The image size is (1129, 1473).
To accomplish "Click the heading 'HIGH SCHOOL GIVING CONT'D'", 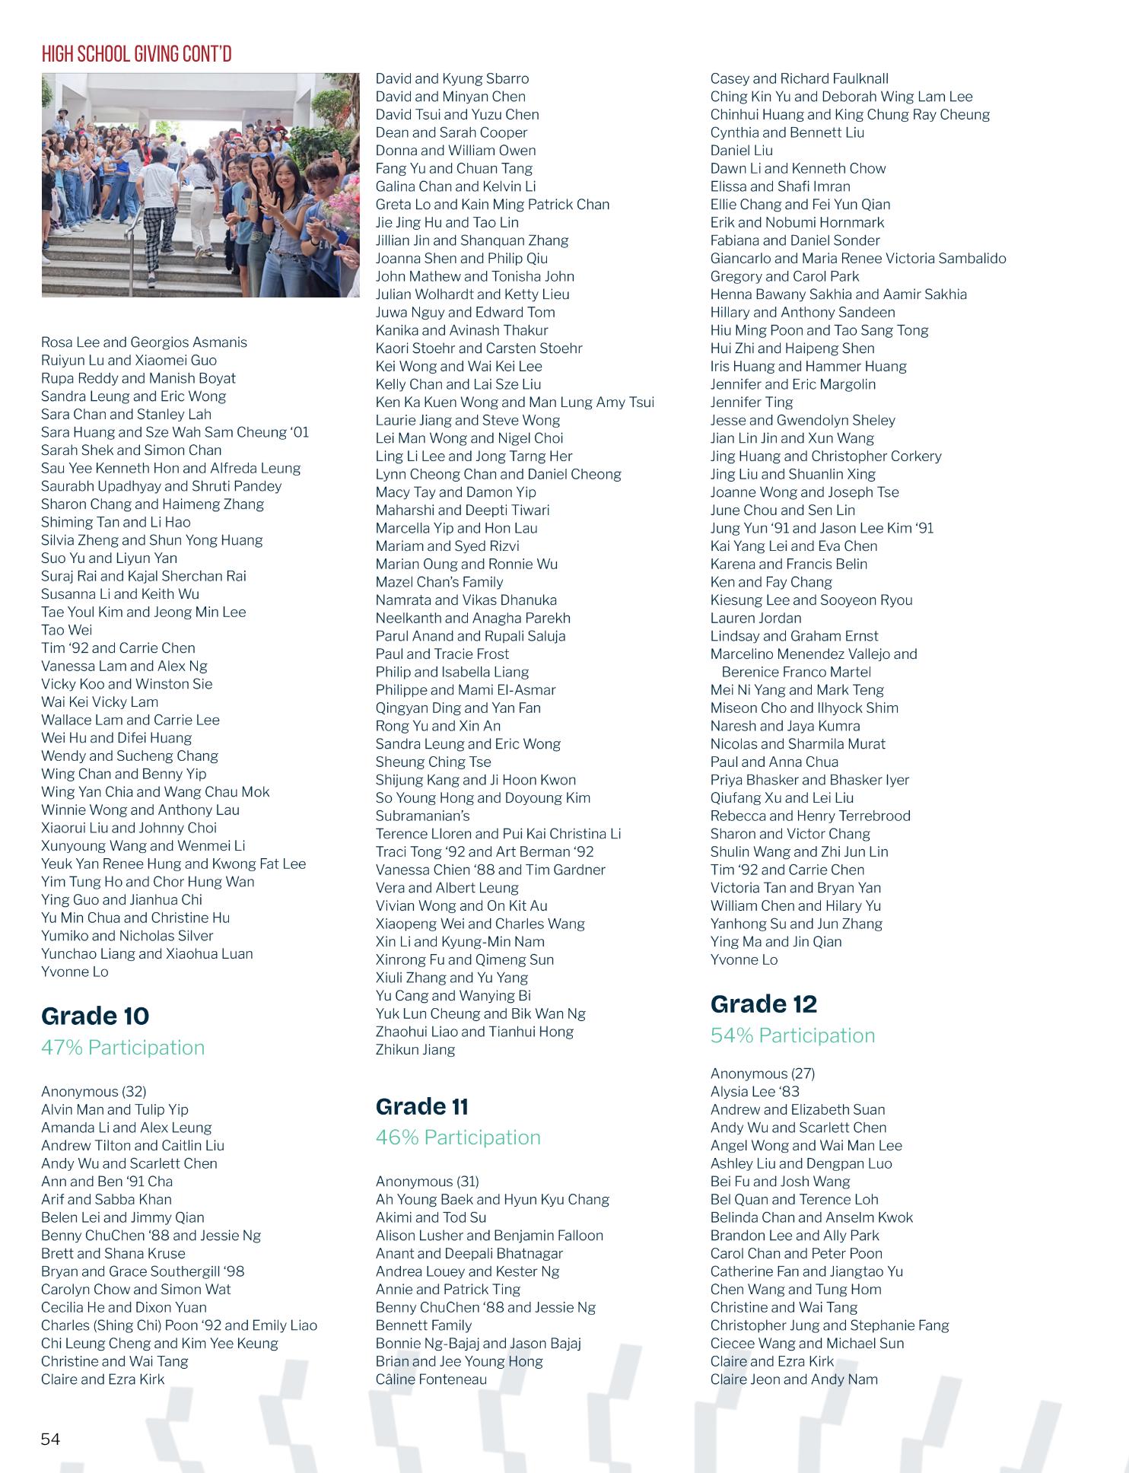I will tap(136, 54).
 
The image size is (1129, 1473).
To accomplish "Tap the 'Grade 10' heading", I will tap(95, 1016).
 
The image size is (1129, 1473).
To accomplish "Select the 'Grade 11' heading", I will tap(421, 1106).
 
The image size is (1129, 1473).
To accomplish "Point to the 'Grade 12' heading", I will tap(763, 1004).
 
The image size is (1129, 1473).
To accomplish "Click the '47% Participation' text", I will tap(122, 1048).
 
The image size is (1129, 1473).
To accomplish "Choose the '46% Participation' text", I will tap(458, 1137).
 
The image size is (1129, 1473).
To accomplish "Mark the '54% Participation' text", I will tap(792, 1036).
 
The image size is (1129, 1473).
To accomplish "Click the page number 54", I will tap(50, 1439).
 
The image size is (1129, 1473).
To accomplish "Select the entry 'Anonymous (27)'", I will tap(762, 1074).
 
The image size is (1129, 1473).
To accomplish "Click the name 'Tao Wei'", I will tap(66, 630).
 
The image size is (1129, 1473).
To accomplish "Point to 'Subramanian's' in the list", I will tap(422, 816).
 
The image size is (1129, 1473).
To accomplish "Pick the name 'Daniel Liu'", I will tap(741, 151).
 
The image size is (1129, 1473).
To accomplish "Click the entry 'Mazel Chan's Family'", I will tap(439, 582).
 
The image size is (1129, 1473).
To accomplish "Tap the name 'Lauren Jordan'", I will tap(755, 618).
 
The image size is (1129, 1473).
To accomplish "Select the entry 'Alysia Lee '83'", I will tap(755, 1092).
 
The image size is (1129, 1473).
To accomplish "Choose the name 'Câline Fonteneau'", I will tap(431, 1379).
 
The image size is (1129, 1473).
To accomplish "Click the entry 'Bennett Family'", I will tap(423, 1325).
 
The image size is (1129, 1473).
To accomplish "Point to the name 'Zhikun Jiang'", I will tap(415, 1050).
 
